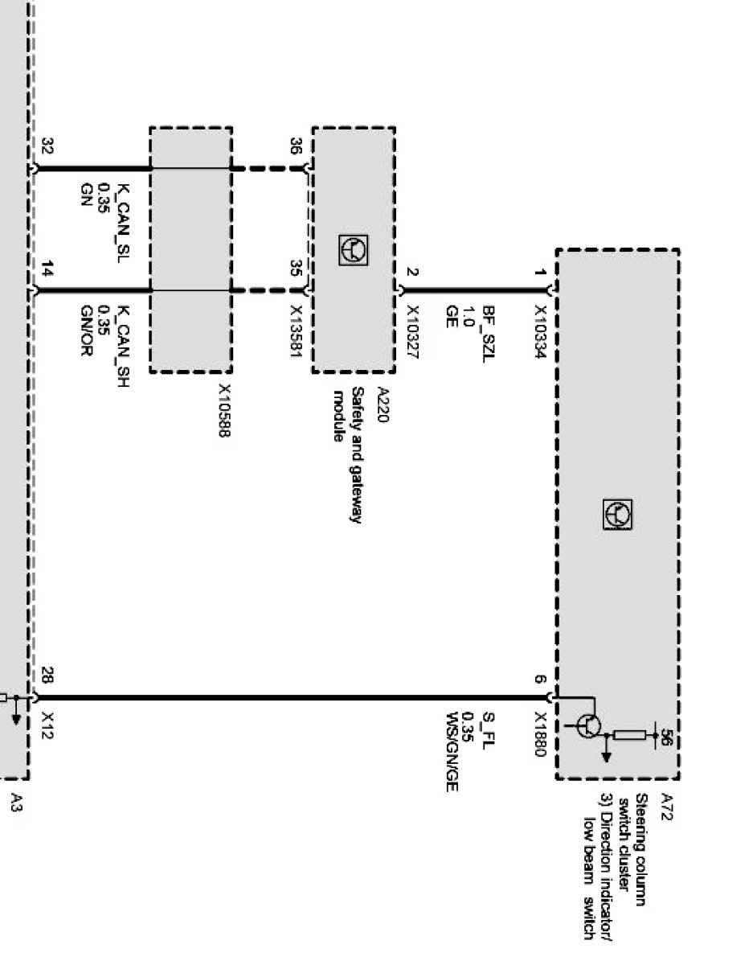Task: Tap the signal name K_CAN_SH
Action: point(123,339)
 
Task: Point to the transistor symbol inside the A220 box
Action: point(354,250)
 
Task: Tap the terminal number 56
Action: point(665,737)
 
